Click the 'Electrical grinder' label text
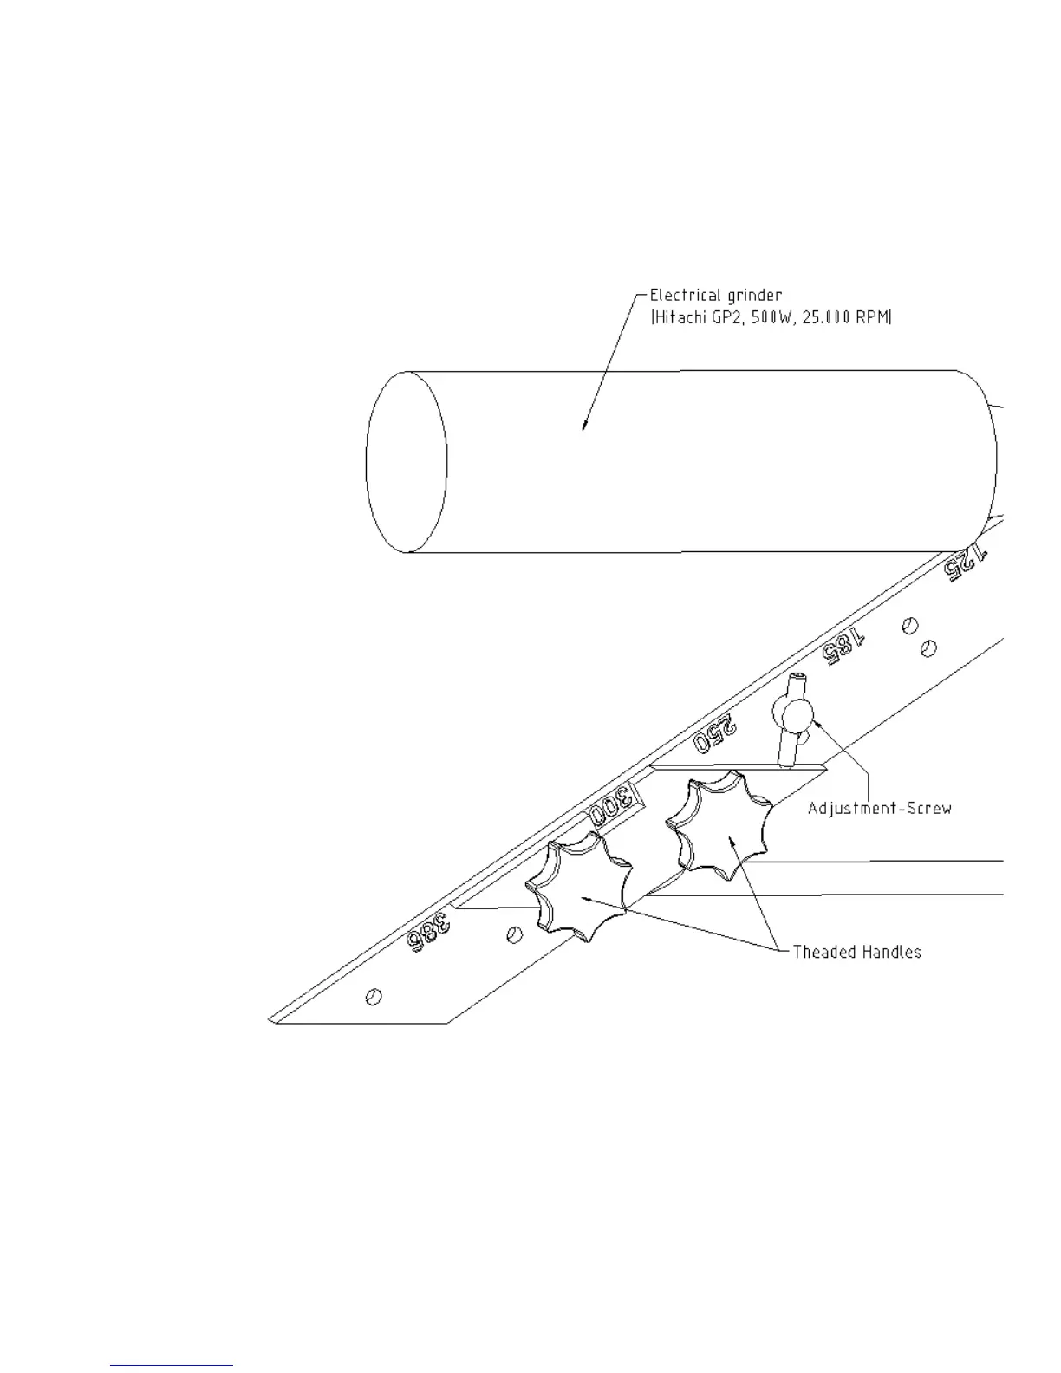(716, 296)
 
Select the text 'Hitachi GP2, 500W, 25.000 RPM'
(771, 317)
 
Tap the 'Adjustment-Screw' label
(879, 808)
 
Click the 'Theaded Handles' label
(856, 952)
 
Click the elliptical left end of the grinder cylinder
(407, 461)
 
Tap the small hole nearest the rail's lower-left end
(374, 997)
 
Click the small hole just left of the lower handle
(513, 934)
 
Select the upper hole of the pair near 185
(909, 624)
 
